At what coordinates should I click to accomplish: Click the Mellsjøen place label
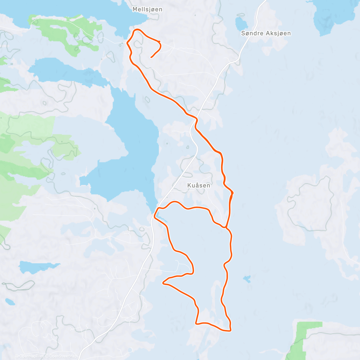(147, 9)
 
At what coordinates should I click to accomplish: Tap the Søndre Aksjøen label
(266, 33)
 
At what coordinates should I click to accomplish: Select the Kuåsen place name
(199, 185)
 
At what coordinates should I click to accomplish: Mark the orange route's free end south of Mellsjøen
(151, 57)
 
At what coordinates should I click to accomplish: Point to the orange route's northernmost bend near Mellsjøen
(137, 29)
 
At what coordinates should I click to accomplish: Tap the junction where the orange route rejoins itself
(226, 227)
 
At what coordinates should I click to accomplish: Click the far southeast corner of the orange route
(230, 331)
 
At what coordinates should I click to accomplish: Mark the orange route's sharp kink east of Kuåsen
(233, 193)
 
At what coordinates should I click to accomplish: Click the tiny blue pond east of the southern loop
(247, 279)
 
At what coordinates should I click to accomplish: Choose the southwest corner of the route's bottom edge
(196, 323)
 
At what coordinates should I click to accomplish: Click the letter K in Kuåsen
(189, 185)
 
